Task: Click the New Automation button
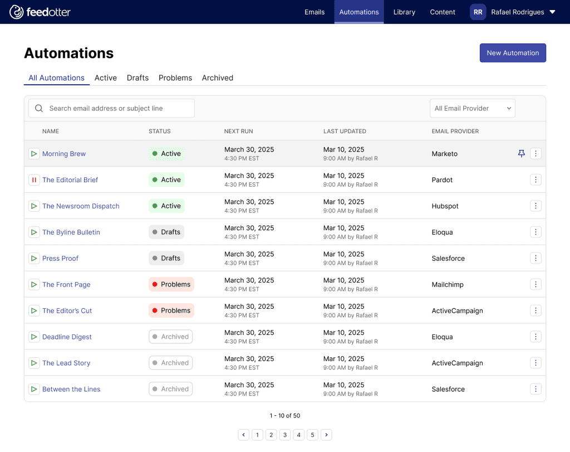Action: click(x=513, y=53)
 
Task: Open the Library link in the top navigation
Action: click(x=404, y=12)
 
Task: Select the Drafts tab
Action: click(x=137, y=78)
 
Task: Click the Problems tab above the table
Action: click(x=175, y=78)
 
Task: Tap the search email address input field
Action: click(x=111, y=109)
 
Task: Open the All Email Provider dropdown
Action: click(x=472, y=109)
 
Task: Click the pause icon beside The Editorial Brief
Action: click(x=34, y=180)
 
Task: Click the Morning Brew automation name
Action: click(x=64, y=154)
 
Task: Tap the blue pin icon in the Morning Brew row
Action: click(x=521, y=154)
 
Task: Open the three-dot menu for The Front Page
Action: click(x=535, y=284)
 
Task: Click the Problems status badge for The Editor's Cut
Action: click(x=171, y=310)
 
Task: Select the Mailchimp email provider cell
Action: click(x=448, y=285)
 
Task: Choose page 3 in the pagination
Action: click(x=285, y=435)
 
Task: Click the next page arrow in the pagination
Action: click(x=326, y=435)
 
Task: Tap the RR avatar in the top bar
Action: click(x=478, y=12)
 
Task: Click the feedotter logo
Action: click(x=40, y=12)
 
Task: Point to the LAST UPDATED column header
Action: click(x=345, y=132)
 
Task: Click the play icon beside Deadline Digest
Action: click(x=34, y=337)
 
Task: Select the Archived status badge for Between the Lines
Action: click(x=170, y=389)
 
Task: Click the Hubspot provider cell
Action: click(x=445, y=206)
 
